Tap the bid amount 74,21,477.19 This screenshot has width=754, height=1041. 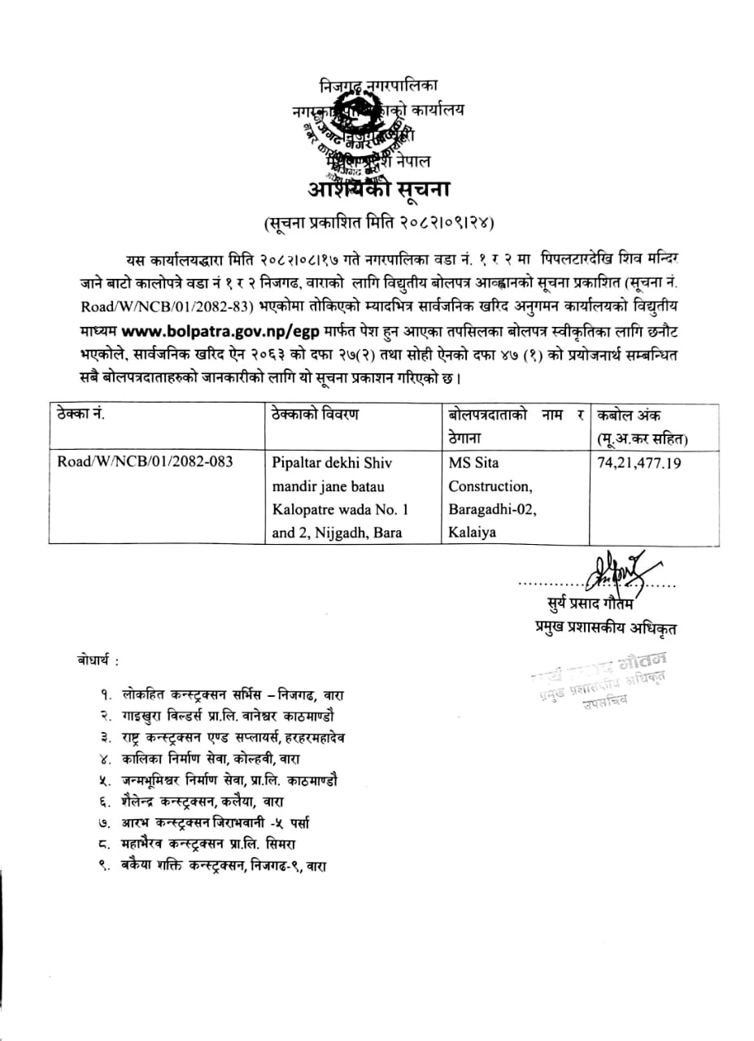click(x=639, y=463)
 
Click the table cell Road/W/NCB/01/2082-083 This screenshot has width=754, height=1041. click(x=145, y=463)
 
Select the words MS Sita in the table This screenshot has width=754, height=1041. click(x=474, y=463)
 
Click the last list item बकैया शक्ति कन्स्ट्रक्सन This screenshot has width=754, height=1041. click(x=224, y=868)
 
